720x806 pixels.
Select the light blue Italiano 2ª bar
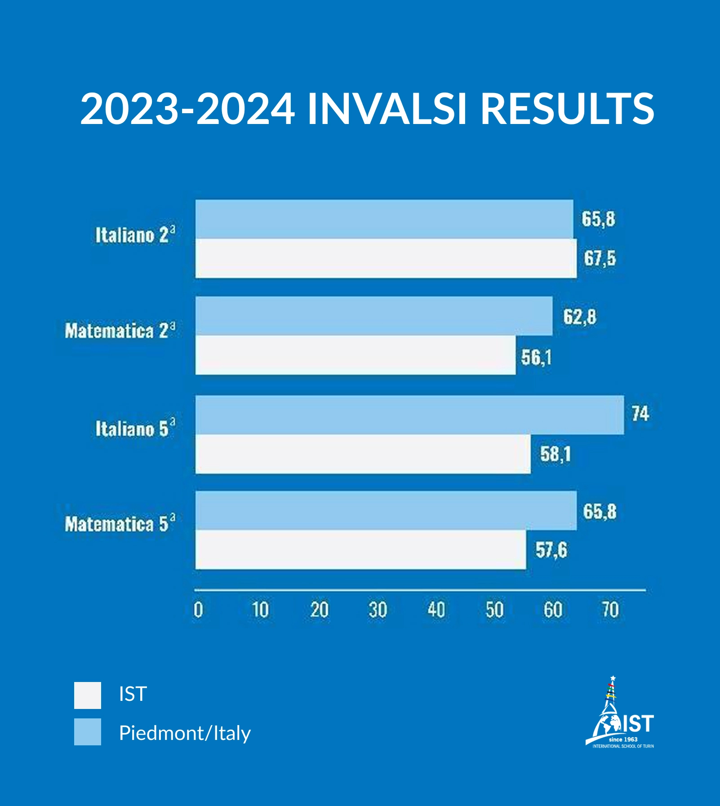384,219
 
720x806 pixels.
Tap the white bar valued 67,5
386,258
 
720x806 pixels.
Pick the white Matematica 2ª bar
356,355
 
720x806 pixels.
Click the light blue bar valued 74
409,415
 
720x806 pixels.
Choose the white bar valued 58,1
363,454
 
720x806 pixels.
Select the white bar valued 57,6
360,550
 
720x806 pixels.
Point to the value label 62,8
580,317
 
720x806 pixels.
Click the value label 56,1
536,358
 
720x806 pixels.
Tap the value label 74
640,414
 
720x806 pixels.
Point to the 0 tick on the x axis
198,610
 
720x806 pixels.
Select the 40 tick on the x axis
436,610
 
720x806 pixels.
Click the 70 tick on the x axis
610,610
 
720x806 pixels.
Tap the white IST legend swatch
88,695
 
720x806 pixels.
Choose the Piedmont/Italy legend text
185,733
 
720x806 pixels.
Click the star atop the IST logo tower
613,678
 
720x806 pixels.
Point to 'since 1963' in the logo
623,739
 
